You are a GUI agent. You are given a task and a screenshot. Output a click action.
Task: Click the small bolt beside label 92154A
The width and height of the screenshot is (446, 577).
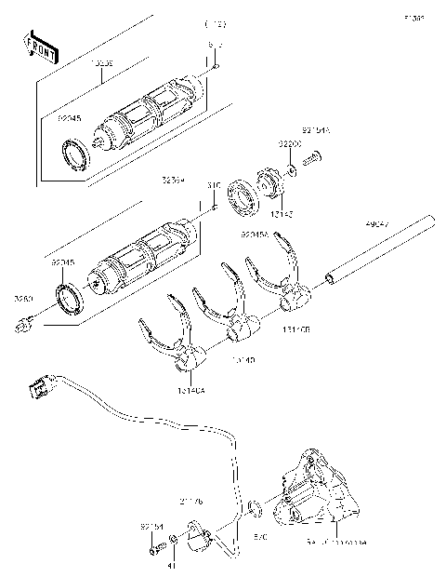pos(312,161)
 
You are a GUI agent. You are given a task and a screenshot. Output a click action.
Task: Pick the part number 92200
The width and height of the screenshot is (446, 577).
pos(290,145)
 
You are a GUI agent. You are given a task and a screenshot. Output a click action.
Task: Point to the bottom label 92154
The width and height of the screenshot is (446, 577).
pos(152,527)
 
